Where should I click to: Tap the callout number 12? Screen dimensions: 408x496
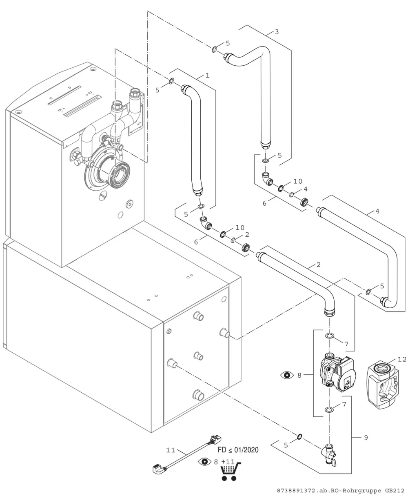402,359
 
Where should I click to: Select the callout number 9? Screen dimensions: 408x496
366,438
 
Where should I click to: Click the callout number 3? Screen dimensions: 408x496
277,32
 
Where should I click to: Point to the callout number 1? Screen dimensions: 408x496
207,75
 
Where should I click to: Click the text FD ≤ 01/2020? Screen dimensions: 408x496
238,450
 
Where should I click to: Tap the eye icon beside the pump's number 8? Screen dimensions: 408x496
287,375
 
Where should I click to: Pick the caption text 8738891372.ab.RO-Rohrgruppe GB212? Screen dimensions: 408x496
341,491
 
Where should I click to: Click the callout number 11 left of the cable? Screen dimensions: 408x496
171,450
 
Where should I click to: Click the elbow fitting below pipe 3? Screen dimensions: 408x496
267,179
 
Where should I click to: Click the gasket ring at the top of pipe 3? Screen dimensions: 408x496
214,50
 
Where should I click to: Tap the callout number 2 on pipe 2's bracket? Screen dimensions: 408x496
319,265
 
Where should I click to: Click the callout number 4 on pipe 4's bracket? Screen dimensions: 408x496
377,211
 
